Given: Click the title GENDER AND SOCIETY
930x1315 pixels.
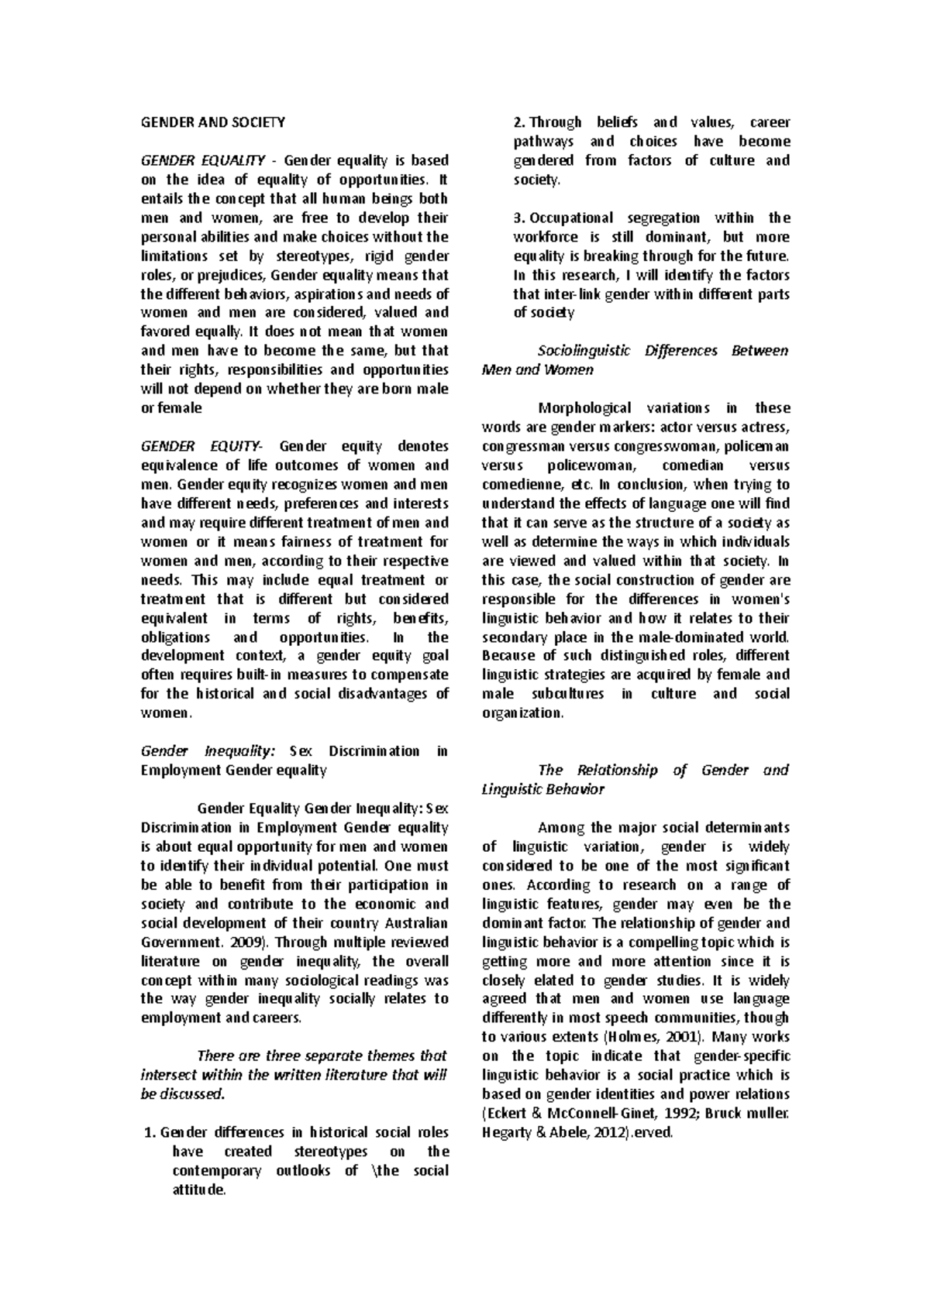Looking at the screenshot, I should coord(212,122).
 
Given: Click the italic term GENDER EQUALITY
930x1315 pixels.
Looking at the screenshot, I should coord(202,161).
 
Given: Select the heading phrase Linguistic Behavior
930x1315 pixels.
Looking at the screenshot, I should coord(542,790).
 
